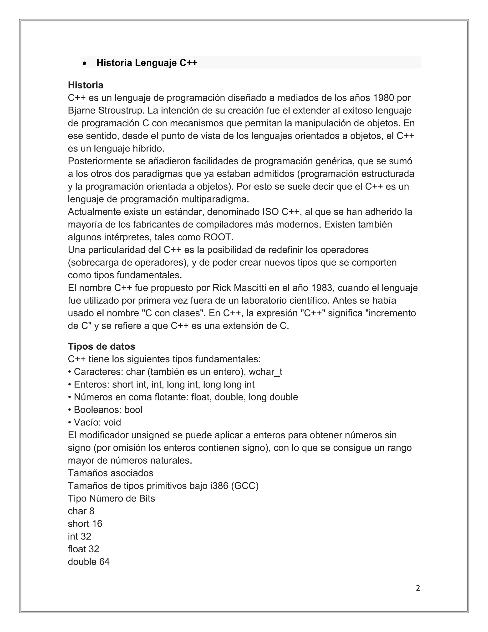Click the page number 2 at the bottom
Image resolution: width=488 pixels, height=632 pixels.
click(x=418, y=588)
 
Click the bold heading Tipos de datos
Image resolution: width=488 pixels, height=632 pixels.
click(x=102, y=346)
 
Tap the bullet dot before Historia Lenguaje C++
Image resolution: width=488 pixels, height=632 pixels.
click(x=84, y=63)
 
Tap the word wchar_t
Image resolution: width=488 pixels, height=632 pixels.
click(x=265, y=372)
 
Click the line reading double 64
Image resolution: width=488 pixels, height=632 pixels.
click(x=88, y=562)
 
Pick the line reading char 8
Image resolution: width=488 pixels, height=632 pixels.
click(x=81, y=511)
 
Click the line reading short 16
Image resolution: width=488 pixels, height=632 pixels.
click(x=85, y=524)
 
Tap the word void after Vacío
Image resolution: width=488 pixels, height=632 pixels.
click(x=112, y=423)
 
